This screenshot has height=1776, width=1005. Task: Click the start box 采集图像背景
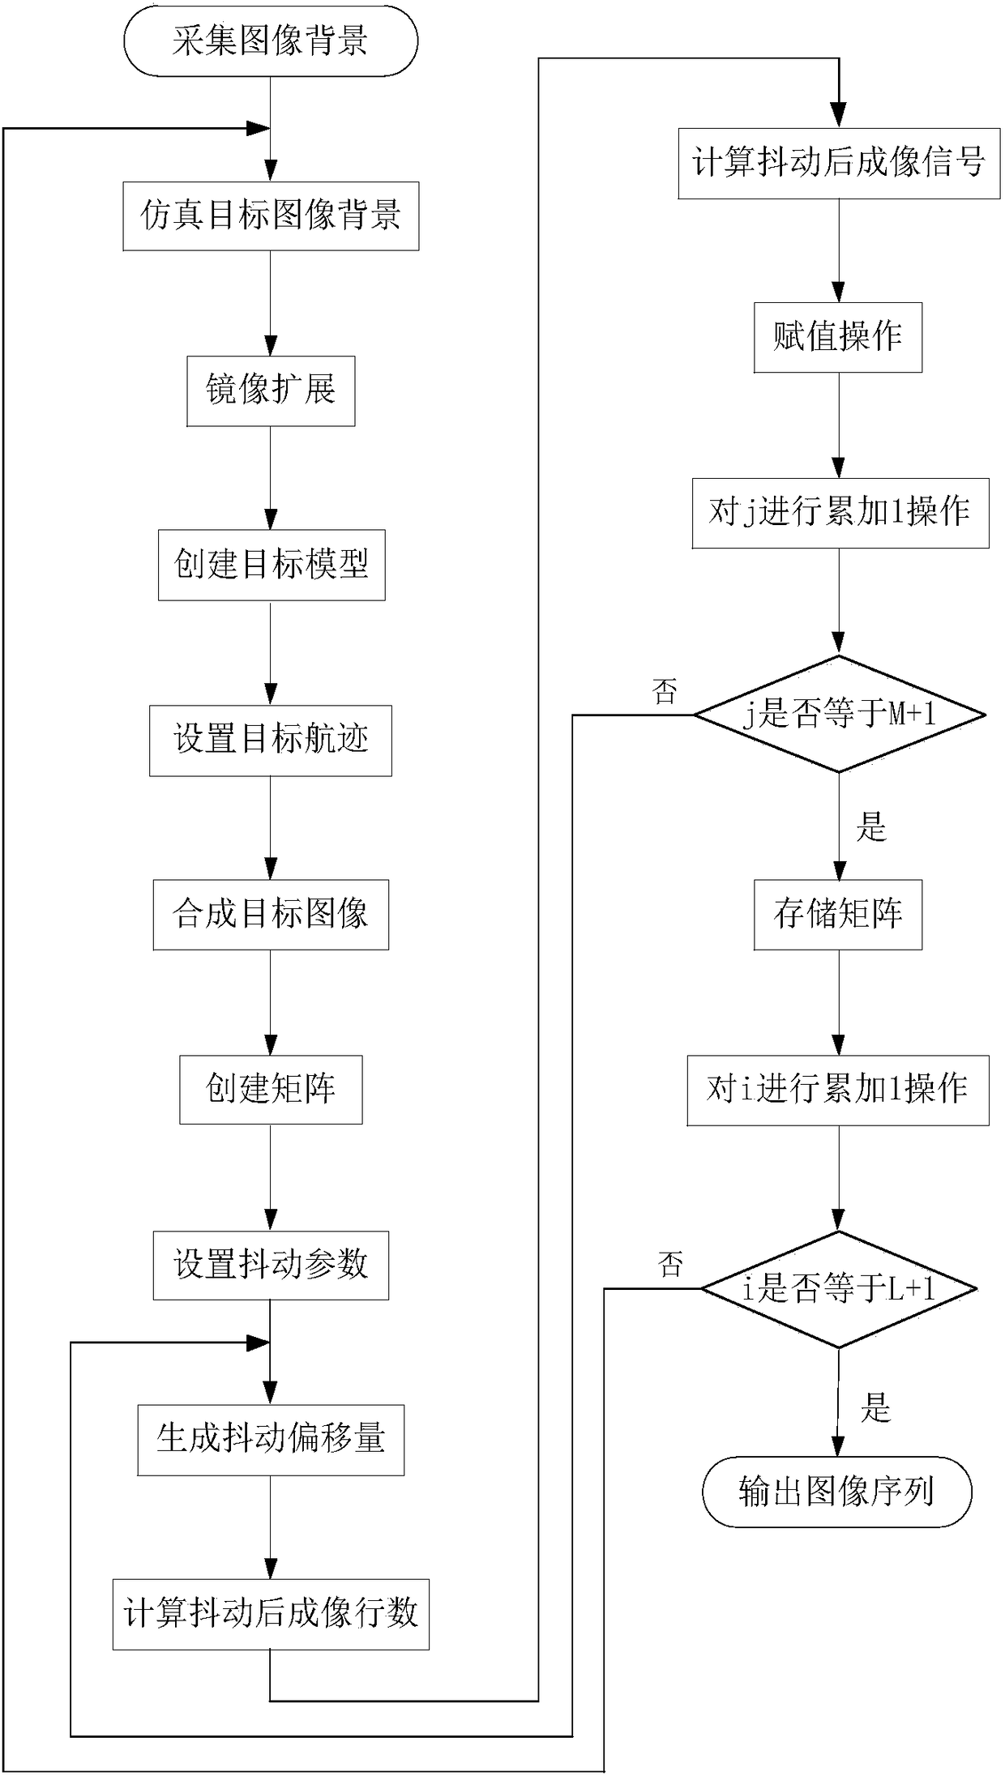pos(270,41)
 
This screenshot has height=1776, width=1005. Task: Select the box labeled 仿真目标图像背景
pos(271,216)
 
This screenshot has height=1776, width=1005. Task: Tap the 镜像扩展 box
pos(271,391)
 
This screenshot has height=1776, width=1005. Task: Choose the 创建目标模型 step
pos(271,565)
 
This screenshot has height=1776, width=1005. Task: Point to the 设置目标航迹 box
pos(271,740)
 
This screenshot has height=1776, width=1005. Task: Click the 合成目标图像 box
pos(271,914)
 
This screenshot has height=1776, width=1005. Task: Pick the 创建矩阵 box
pos(271,1089)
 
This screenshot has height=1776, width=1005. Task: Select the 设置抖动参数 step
pos(271,1264)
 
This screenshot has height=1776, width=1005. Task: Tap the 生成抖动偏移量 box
pos(271,1439)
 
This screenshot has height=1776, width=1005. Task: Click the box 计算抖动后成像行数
pos(271,1614)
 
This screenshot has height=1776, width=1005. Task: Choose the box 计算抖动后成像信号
pos(839,163)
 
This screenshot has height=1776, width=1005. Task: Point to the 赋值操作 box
pos(838,337)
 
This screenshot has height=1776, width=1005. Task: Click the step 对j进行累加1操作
pos(840,513)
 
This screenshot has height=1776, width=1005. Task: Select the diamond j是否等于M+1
pos(840,714)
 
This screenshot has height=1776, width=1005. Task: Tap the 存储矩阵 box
pos(838,914)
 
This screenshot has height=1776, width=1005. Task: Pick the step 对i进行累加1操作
pos(838,1090)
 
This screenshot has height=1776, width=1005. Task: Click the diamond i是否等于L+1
pos(839,1289)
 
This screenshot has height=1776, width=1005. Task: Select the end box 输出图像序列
pos(836,1492)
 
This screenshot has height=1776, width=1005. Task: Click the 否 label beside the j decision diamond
pos(665,691)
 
